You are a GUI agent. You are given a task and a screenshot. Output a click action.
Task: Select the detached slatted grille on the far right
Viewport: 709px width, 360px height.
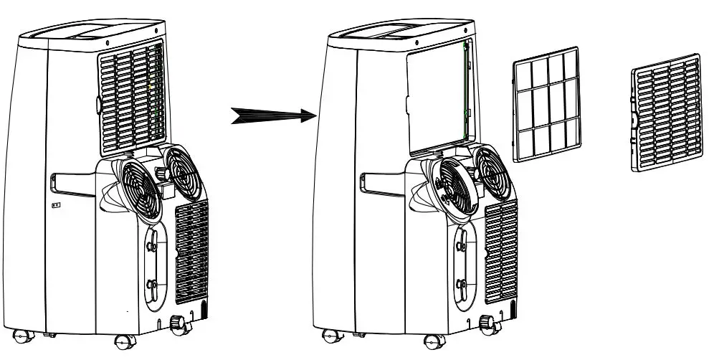[x=665, y=111]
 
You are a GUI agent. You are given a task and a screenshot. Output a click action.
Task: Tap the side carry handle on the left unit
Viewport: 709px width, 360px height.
[x=72, y=183]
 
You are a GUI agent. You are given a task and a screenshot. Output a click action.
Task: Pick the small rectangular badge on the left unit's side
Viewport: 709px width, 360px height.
[x=57, y=204]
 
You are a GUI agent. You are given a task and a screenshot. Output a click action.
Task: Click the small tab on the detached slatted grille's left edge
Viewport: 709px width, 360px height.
[x=634, y=118]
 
